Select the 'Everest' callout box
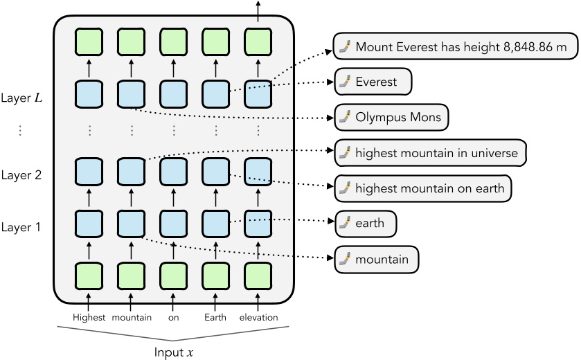click(373, 82)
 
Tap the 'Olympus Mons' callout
click(391, 116)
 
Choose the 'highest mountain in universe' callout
click(430, 153)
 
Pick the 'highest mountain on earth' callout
click(423, 187)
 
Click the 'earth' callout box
click(366, 224)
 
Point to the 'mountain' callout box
click(377, 260)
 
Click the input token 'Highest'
click(89, 318)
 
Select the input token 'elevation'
click(258, 318)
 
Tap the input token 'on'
click(173, 318)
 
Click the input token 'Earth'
click(215, 318)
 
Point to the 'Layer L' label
click(21, 98)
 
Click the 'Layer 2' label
click(21, 175)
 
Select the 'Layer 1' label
click(21, 226)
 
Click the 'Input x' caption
click(173, 352)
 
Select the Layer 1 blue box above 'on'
click(173, 224)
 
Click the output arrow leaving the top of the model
click(258, 10)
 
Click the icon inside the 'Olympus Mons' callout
click(344, 117)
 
